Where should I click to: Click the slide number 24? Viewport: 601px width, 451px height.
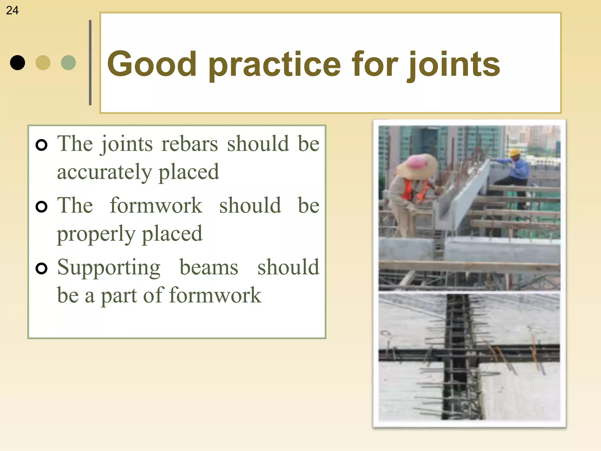coord(12,11)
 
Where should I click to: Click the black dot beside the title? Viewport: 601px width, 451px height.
coord(17,63)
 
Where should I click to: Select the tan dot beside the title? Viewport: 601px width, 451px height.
coord(43,63)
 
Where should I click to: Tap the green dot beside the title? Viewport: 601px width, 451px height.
coord(68,63)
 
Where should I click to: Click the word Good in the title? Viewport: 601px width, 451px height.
coord(152,64)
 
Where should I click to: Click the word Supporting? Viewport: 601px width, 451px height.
coord(109,267)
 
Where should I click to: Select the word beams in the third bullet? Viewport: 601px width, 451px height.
coord(209,267)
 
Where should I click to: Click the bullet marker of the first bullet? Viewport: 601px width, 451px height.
coord(41,145)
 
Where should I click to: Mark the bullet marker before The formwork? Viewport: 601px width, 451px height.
coord(41,207)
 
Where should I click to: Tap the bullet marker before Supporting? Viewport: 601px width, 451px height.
coord(41,268)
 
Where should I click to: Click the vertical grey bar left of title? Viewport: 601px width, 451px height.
coord(90,63)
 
